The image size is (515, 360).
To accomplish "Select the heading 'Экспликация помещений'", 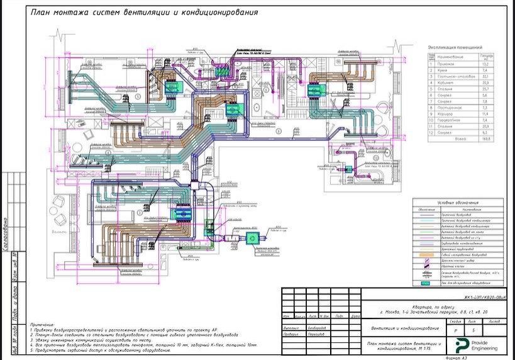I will (x=455, y=47).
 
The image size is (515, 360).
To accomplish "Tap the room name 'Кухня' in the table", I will (x=443, y=70).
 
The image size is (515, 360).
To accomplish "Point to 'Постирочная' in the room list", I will (x=450, y=107).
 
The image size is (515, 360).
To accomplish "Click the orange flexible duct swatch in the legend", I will (x=425, y=256).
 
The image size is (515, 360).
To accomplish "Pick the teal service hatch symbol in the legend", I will (x=425, y=284).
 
